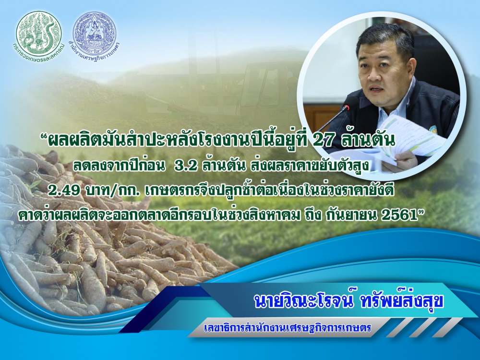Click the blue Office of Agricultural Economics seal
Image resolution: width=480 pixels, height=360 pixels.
94,32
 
